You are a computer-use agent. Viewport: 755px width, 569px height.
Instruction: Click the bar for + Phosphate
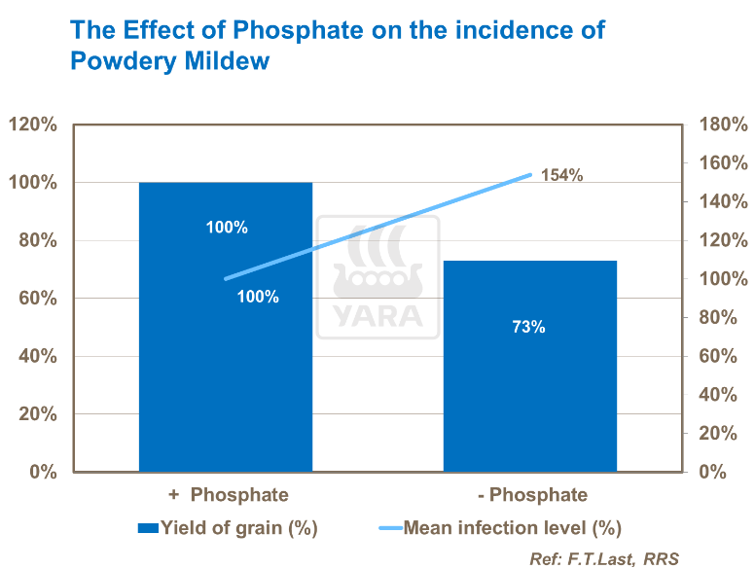pyautogui.click(x=226, y=370)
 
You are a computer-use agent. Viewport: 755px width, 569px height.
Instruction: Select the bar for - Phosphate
pyautogui.click(x=530, y=409)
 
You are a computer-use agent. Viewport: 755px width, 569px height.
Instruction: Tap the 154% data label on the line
pyautogui.click(x=561, y=176)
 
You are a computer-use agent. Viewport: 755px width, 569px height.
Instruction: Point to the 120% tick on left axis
pyautogui.click(x=33, y=124)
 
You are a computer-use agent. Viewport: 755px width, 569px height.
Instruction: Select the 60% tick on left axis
pyautogui.click(x=37, y=299)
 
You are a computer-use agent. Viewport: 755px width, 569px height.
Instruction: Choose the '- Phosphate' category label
pyautogui.click(x=533, y=495)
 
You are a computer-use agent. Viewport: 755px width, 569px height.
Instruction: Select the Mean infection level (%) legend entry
pyautogui.click(x=512, y=528)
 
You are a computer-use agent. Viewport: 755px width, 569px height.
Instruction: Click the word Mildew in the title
pyautogui.click(x=222, y=60)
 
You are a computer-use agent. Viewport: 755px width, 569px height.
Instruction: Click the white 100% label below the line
pyautogui.click(x=258, y=297)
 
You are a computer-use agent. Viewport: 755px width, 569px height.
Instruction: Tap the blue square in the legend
pyautogui.click(x=148, y=528)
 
